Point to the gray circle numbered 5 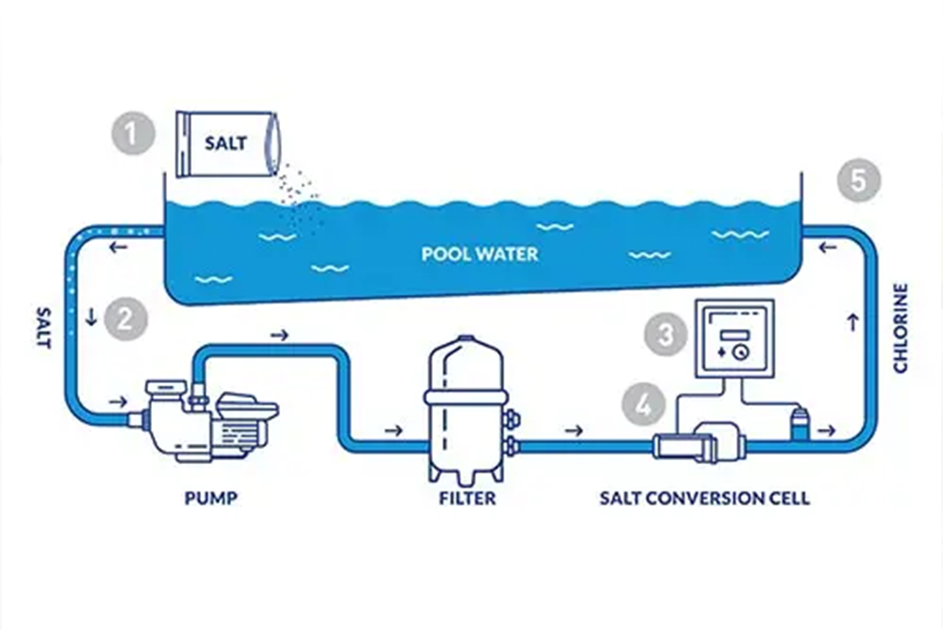pos(858,180)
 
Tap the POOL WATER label pos(480,255)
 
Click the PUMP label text pos(210,498)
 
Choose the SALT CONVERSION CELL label pos(704,498)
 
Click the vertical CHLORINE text pos(900,327)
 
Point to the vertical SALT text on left pos(42,325)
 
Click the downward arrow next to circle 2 pos(91,318)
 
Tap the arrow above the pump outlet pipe pos(279,334)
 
